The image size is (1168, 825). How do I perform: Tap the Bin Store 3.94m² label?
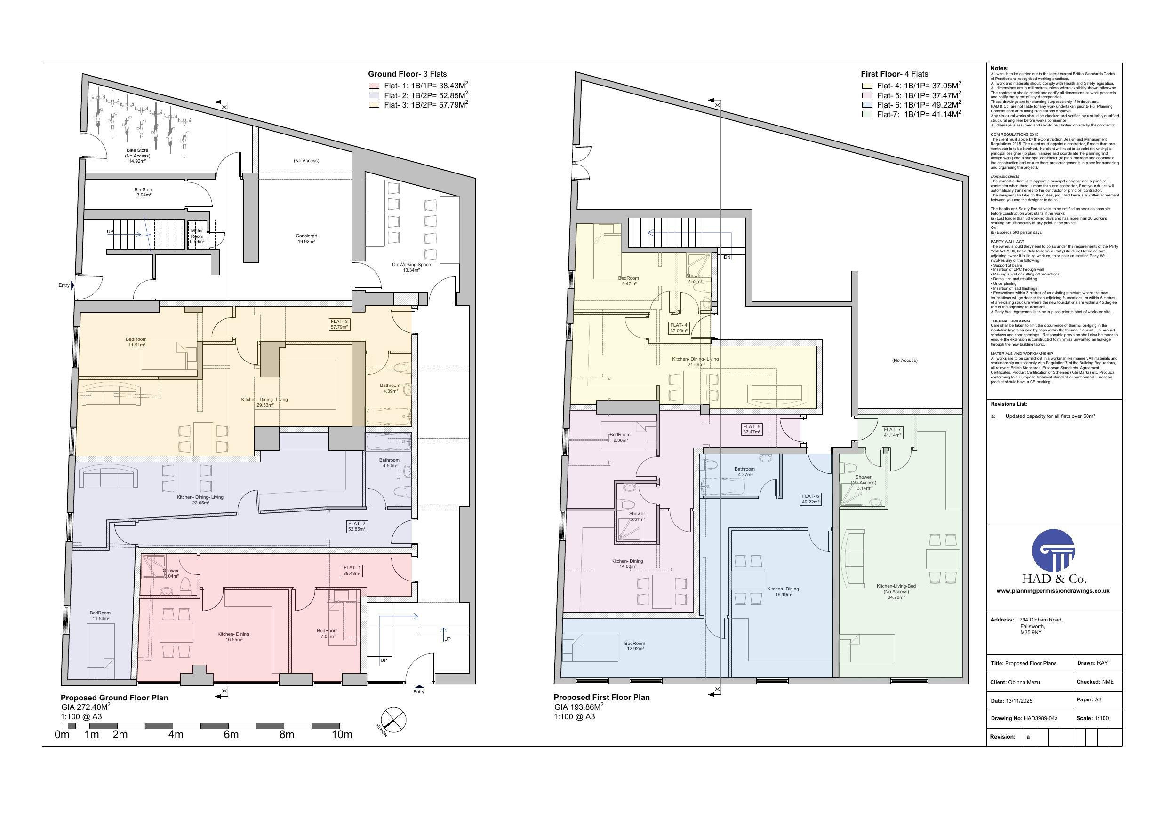[x=144, y=192]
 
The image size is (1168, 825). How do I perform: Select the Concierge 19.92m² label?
[x=306, y=238]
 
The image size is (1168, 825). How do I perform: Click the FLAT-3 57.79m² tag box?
[x=339, y=324]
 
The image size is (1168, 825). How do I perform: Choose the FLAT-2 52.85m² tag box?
[x=357, y=526]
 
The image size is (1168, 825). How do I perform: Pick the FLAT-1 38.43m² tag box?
[x=352, y=570]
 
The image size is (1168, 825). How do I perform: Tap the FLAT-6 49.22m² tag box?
[x=810, y=499]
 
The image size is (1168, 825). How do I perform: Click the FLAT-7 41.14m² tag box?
[x=892, y=432]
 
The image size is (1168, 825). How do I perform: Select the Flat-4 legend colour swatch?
[x=867, y=86]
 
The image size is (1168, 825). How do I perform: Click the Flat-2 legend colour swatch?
[x=374, y=95]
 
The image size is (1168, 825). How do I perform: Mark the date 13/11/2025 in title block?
[x=1019, y=701]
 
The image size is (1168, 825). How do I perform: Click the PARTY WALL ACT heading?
[x=1007, y=242]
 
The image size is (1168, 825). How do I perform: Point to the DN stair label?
[x=727, y=257]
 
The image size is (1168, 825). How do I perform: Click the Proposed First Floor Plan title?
[x=601, y=698]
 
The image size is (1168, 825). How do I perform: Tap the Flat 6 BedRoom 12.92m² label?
[x=634, y=646]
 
